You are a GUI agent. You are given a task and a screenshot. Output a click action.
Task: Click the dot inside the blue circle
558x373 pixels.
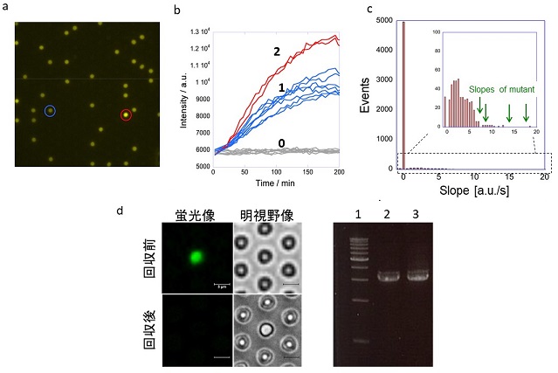tap(50, 111)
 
